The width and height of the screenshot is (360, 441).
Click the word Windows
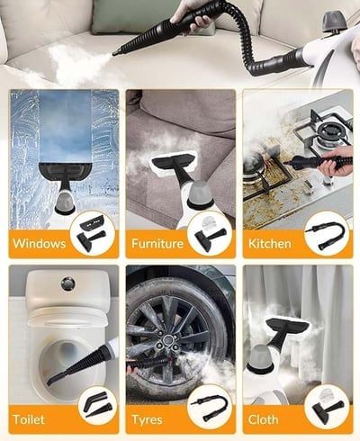[x=40, y=243]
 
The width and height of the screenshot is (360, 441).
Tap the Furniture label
[x=157, y=243]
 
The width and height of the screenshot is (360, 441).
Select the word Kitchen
[x=270, y=243]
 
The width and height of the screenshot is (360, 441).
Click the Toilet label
[x=29, y=419]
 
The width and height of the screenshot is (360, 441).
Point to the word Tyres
[x=147, y=419]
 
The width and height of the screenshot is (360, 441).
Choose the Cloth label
[x=263, y=419]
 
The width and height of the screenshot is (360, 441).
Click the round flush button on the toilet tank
[x=68, y=283]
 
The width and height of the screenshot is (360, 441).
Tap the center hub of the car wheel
[x=167, y=339]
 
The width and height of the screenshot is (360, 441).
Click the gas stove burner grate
[x=323, y=128]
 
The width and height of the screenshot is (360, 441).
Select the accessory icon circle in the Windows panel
[x=92, y=233]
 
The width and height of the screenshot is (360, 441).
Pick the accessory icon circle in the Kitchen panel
[x=327, y=233]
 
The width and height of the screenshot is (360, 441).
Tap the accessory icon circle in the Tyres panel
[x=210, y=408]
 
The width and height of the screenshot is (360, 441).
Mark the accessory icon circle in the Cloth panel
[x=327, y=408]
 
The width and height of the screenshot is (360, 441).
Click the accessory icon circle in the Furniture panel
[x=210, y=233]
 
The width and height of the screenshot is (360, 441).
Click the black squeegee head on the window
[x=65, y=173]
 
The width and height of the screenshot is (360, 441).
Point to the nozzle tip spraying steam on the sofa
[x=114, y=54]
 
